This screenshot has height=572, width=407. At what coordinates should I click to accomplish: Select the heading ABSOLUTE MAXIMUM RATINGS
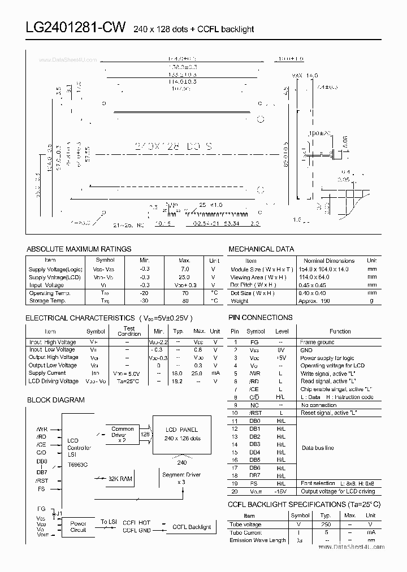[x=79, y=249]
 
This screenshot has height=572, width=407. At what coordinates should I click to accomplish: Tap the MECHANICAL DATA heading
[x=261, y=249]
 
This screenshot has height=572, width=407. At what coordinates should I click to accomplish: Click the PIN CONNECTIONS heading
[x=261, y=318]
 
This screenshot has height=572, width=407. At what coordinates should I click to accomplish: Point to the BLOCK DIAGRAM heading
[x=56, y=400]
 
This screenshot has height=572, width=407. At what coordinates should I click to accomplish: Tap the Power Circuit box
[x=78, y=527]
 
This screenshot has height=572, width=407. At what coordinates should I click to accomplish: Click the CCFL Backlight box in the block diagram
[x=192, y=527]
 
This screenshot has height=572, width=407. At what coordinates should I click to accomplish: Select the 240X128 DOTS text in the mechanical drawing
[x=174, y=146]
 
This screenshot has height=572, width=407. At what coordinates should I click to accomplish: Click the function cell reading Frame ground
[x=317, y=342]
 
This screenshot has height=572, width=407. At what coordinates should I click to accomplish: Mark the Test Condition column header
[x=129, y=331]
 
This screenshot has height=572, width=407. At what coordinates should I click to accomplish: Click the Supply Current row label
[x=47, y=373]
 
